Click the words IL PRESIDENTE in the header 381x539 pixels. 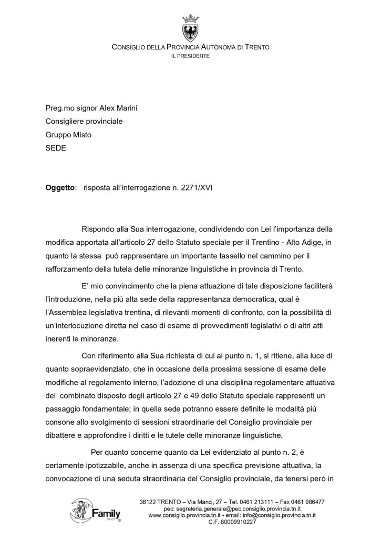tap(190, 56)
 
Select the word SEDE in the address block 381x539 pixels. tap(56, 148)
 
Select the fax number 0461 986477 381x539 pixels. tap(306, 502)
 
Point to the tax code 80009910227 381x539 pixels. tap(239, 522)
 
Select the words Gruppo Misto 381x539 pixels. tap(68, 135)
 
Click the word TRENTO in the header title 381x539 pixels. tap(257, 47)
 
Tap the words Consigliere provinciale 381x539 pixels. tap(84, 122)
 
